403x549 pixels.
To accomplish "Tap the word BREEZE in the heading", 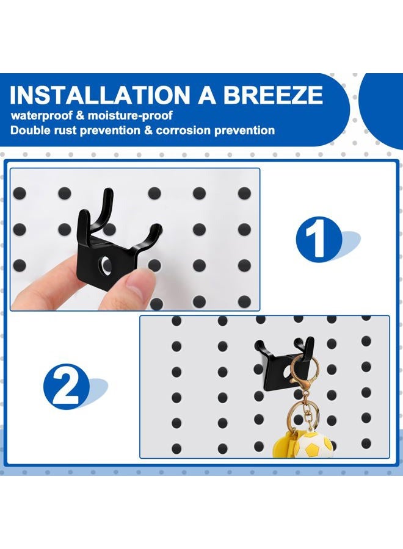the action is point(273,95).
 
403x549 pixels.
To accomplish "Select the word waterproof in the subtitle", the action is point(42,115).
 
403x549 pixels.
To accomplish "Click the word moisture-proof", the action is point(130,115).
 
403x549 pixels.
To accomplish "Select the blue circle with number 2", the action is point(66,387).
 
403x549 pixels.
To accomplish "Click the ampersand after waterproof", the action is point(81,115).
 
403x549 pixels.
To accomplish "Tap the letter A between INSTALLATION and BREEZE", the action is point(206,95).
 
